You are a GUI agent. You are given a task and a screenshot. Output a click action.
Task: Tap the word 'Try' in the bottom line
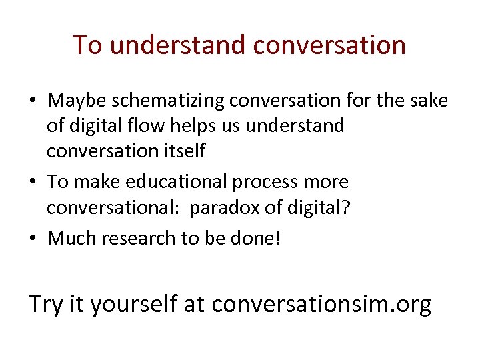point(45,304)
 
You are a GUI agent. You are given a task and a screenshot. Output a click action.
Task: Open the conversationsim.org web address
point(321,304)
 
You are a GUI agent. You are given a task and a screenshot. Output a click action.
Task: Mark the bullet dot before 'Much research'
point(33,239)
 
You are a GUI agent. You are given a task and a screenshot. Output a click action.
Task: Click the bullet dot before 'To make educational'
point(33,182)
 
